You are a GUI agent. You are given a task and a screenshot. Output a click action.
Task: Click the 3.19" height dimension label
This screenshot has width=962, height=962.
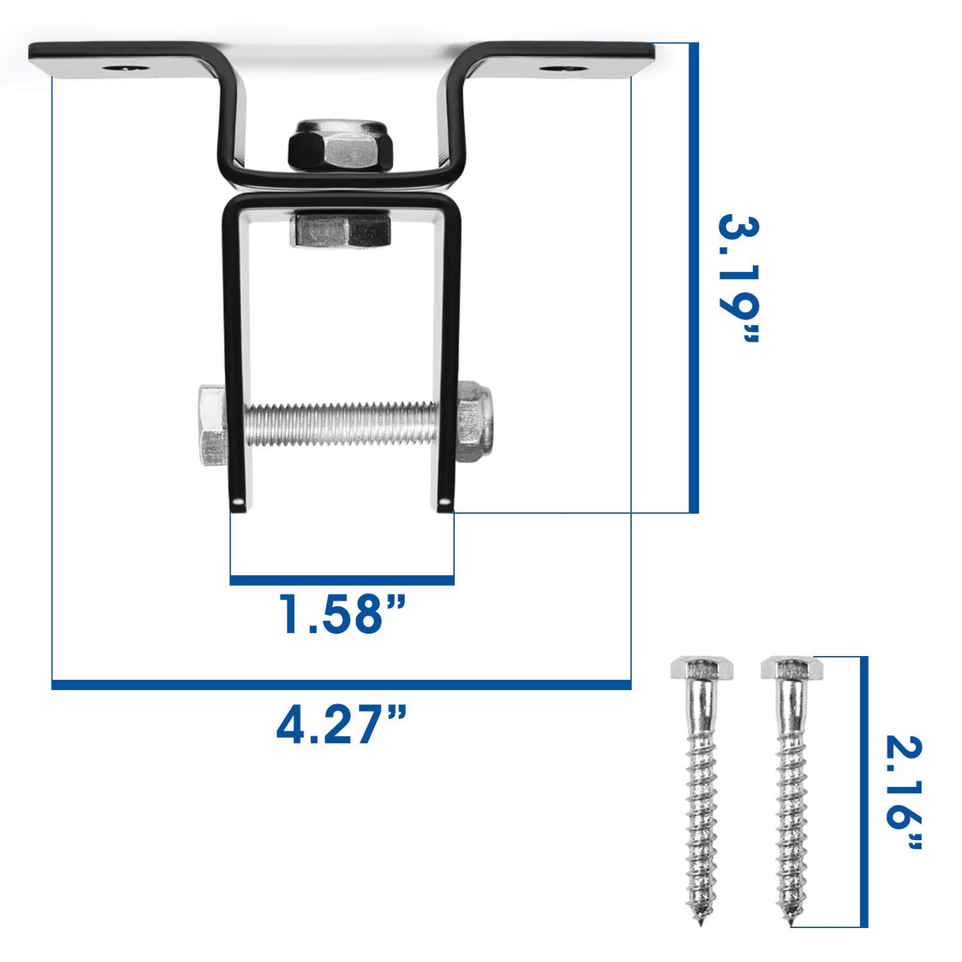(738, 279)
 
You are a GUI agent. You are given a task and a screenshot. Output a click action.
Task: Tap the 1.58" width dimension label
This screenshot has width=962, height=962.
(342, 615)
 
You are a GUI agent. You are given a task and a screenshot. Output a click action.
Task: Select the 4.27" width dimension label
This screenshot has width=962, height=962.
(342, 724)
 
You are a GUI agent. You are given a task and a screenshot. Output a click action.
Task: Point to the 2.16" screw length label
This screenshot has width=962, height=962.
(903, 793)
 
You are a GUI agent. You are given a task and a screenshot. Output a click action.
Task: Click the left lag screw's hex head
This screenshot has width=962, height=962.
(701, 669)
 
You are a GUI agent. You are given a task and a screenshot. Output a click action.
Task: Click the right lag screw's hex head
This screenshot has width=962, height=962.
(792, 669)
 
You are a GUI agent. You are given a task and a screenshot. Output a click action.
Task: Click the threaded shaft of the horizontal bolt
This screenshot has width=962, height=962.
(341, 424)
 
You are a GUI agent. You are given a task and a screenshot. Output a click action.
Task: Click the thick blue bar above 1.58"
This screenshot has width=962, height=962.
(342, 580)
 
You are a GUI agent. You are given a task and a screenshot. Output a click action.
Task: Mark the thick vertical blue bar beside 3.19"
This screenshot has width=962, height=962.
(693, 277)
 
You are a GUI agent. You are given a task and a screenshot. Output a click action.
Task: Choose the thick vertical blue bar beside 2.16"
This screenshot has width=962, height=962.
(864, 792)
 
